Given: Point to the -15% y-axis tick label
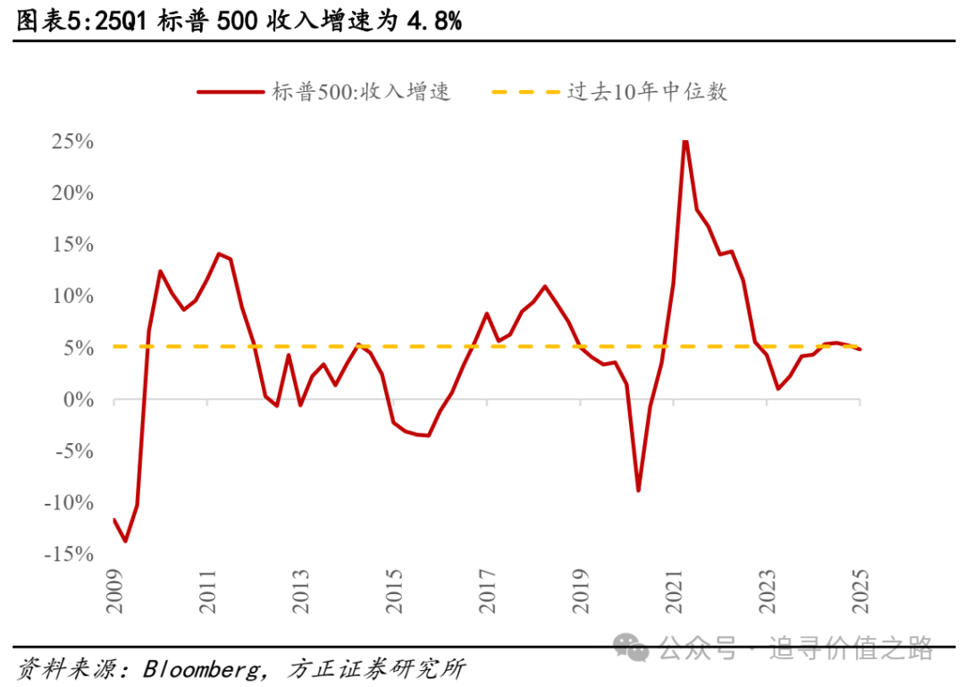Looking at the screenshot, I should coord(68,555).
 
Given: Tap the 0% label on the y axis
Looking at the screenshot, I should coord(78,400).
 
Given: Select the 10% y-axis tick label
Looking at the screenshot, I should coord(72,297).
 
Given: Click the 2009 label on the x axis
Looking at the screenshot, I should coord(115,591).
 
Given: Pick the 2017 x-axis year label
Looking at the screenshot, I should coord(487,591).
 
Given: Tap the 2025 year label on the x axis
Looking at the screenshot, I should coord(860,591).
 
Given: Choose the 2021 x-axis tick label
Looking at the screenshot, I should coord(674,591).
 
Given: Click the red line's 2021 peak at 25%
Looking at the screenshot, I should coord(684,141).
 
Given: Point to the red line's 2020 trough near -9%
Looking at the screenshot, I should coord(639,490).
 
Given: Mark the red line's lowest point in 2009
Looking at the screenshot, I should coord(125,540).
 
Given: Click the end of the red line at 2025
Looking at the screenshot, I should coord(860,349).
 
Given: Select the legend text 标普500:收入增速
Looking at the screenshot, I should coord(362,91).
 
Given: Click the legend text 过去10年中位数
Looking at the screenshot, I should coord(647,91).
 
